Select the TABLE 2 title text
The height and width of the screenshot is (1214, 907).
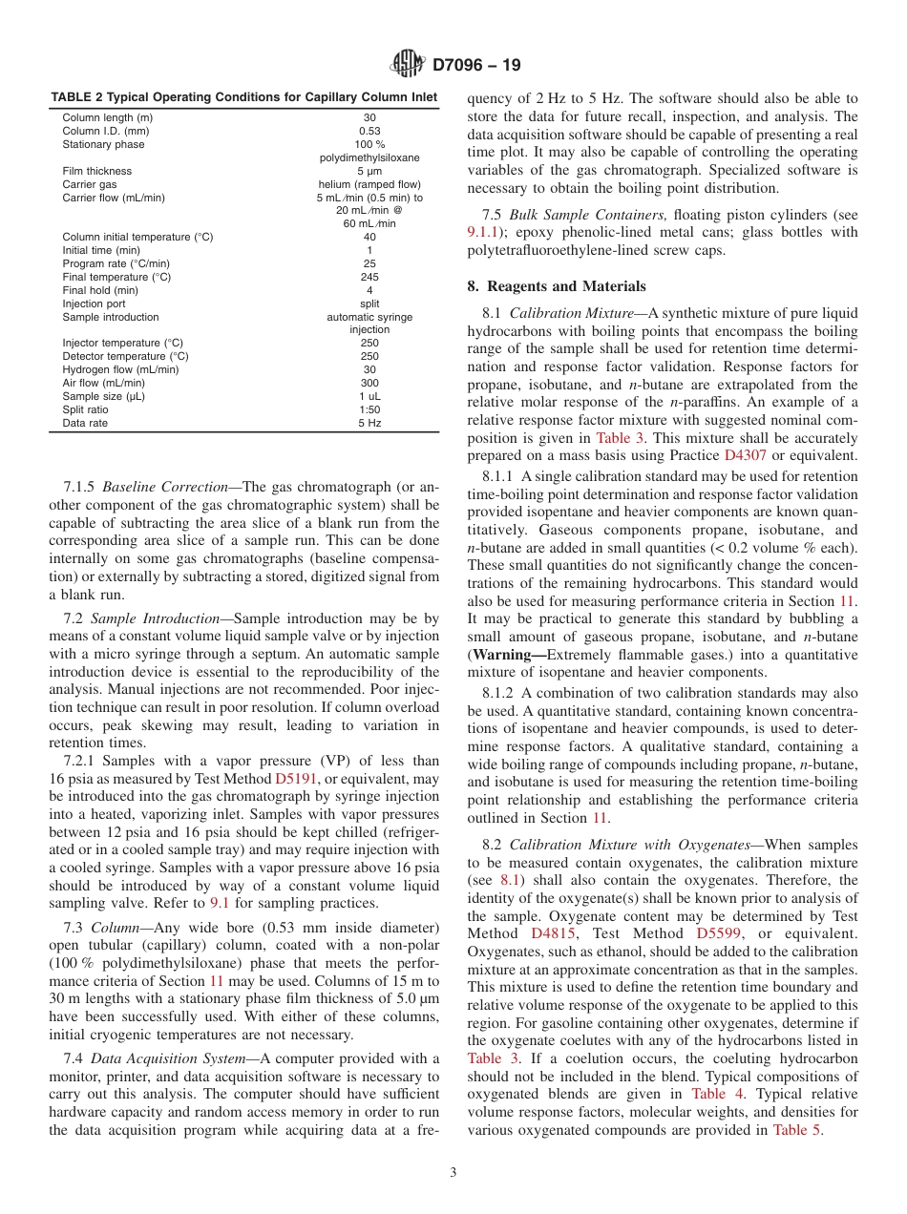coord(243,96)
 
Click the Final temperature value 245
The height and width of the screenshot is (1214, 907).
coord(369,277)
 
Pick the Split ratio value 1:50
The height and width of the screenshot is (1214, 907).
coord(369,409)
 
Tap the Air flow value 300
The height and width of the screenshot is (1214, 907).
coord(369,383)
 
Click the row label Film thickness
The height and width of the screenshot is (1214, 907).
coord(97,171)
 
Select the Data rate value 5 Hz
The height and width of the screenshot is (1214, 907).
coord(369,423)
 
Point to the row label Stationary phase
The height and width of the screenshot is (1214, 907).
coord(104,144)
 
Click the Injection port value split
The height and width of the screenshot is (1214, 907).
coord(369,303)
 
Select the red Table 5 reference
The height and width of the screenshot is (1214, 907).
coord(796,1130)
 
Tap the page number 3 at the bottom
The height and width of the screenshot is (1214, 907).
coord(453,1173)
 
